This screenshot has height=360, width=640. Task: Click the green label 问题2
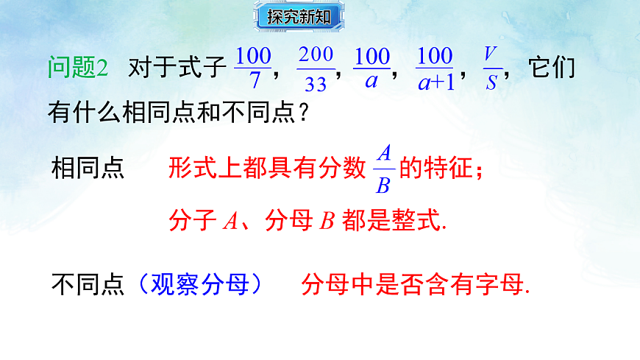[x=78, y=68]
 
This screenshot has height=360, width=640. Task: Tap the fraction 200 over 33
[x=316, y=68]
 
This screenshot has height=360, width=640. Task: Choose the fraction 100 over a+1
[x=435, y=68]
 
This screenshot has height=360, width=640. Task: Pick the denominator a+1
[x=435, y=82]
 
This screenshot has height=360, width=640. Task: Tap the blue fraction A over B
[x=383, y=169]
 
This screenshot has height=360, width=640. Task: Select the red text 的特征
[x=441, y=169]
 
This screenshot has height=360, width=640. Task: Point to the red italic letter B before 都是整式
[x=327, y=220]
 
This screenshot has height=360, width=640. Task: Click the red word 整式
[x=424, y=220]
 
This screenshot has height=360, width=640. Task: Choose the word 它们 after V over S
[x=551, y=68]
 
